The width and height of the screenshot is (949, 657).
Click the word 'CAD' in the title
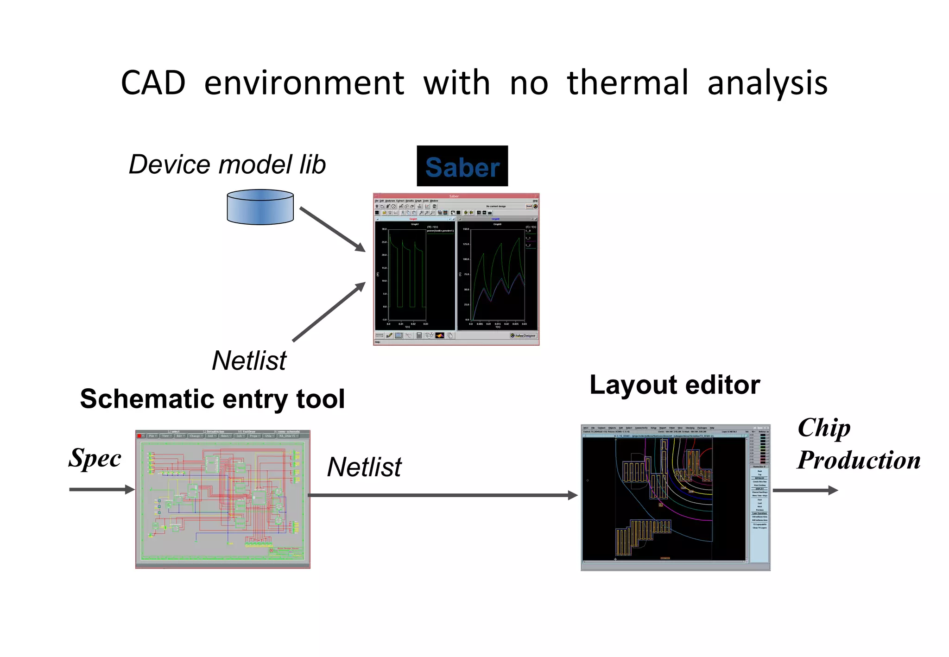pos(153,83)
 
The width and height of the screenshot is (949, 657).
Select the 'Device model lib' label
pos(227,164)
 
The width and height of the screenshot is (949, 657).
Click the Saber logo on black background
pos(462,166)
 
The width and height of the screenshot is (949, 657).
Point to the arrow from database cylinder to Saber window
pos(332,229)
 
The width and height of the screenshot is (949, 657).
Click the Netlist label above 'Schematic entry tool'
pos(249,360)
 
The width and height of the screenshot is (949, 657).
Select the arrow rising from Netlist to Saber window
pos(329,312)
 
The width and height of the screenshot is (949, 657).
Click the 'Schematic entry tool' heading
pos(212,399)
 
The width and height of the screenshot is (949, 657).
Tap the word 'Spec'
pos(95,459)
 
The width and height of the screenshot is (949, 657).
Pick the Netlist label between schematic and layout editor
pos(364,467)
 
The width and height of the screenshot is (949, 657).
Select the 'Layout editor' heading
pos(675,385)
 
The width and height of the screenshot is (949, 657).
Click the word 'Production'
pos(859,460)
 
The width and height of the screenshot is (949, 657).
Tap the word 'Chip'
pos(824,428)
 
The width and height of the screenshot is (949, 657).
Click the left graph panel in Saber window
pos(415,274)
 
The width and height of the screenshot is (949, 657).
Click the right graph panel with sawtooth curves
pos(497,274)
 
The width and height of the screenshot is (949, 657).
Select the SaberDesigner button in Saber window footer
pos(524,335)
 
